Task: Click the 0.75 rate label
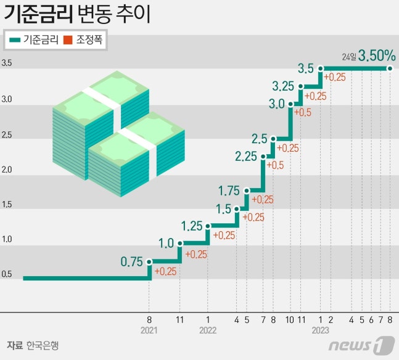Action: click(131, 261)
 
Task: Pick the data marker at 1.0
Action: click(180, 243)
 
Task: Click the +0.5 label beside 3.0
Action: click(303, 113)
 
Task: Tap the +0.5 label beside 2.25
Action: click(275, 165)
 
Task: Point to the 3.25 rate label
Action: click(284, 85)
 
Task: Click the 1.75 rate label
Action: click(229, 190)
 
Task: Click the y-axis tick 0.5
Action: click(7, 274)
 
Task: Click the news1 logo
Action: click(361, 344)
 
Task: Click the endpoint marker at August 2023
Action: click(390, 69)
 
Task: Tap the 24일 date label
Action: click(349, 57)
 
